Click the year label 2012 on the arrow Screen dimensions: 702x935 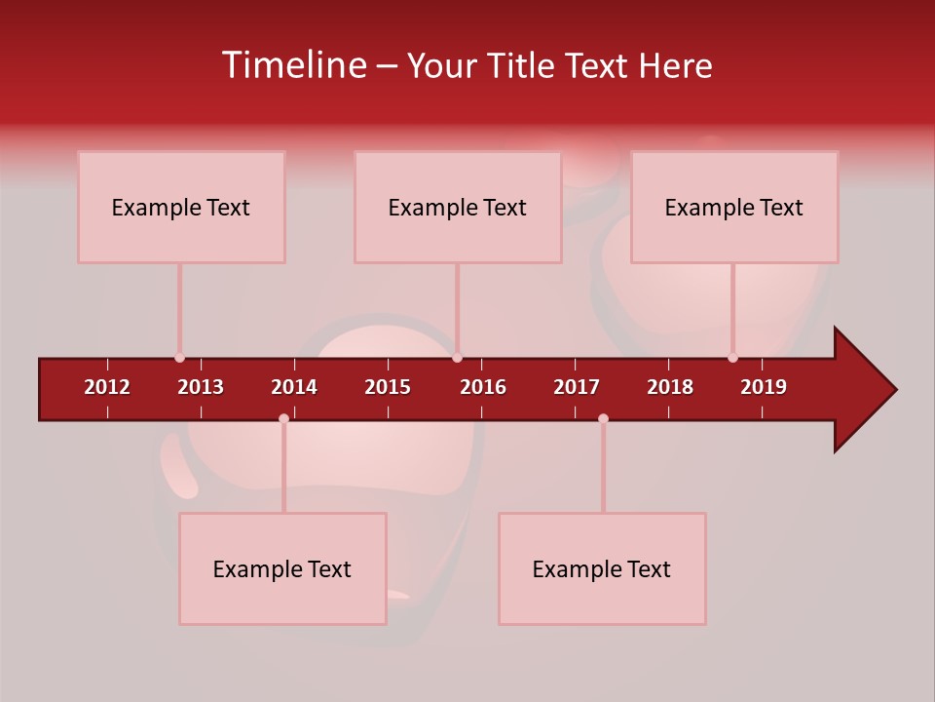(x=107, y=387)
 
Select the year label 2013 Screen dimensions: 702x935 (x=201, y=387)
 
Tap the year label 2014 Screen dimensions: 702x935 (x=294, y=387)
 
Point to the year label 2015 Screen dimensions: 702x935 (x=388, y=387)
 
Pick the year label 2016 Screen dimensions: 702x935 (x=483, y=387)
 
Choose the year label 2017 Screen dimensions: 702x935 (x=577, y=387)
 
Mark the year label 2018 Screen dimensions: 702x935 (x=670, y=387)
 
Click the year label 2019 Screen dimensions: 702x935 (x=764, y=387)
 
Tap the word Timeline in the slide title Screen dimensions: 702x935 (x=292, y=65)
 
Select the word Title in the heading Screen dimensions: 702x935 (x=522, y=65)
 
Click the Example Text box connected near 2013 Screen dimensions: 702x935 (x=181, y=207)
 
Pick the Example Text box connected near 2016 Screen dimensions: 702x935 (x=458, y=207)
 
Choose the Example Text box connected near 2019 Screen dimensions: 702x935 (x=734, y=207)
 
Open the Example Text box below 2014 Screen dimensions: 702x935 (x=282, y=568)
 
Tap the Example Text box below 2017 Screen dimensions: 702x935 (x=602, y=568)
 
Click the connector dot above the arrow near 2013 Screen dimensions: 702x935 (x=179, y=358)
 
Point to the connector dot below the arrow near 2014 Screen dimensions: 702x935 (x=283, y=418)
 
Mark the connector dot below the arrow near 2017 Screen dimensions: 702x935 (x=603, y=418)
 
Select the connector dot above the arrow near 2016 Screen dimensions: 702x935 (x=457, y=358)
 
